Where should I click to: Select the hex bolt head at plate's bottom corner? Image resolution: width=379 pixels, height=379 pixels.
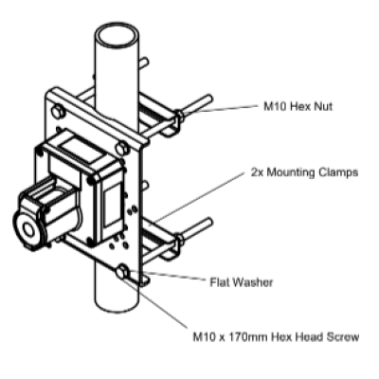click(x=122, y=273)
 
